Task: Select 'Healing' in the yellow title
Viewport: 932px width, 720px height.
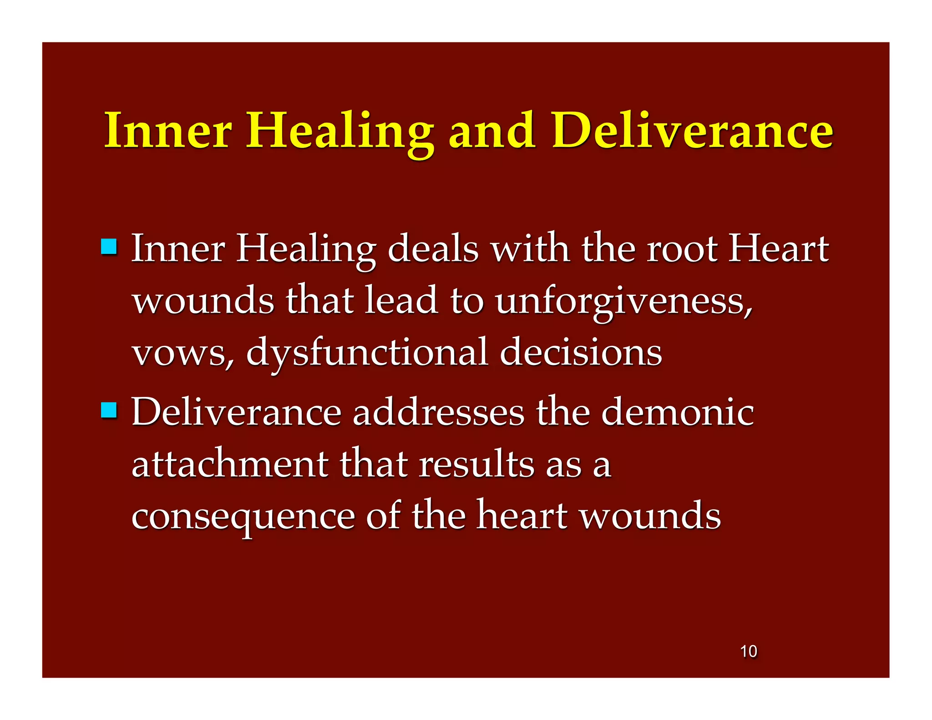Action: coord(339,132)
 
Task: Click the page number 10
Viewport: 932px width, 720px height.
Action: coord(749,651)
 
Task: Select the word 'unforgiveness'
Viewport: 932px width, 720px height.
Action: coord(623,301)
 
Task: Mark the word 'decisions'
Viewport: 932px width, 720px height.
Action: coord(581,353)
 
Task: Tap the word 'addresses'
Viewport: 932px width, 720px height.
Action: coord(439,412)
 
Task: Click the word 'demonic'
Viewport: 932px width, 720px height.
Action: coord(678,412)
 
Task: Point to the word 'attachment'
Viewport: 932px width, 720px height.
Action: coord(230,464)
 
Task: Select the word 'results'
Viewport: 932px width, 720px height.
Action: coord(476,464)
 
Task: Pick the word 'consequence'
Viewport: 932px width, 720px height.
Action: coord(243,517)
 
